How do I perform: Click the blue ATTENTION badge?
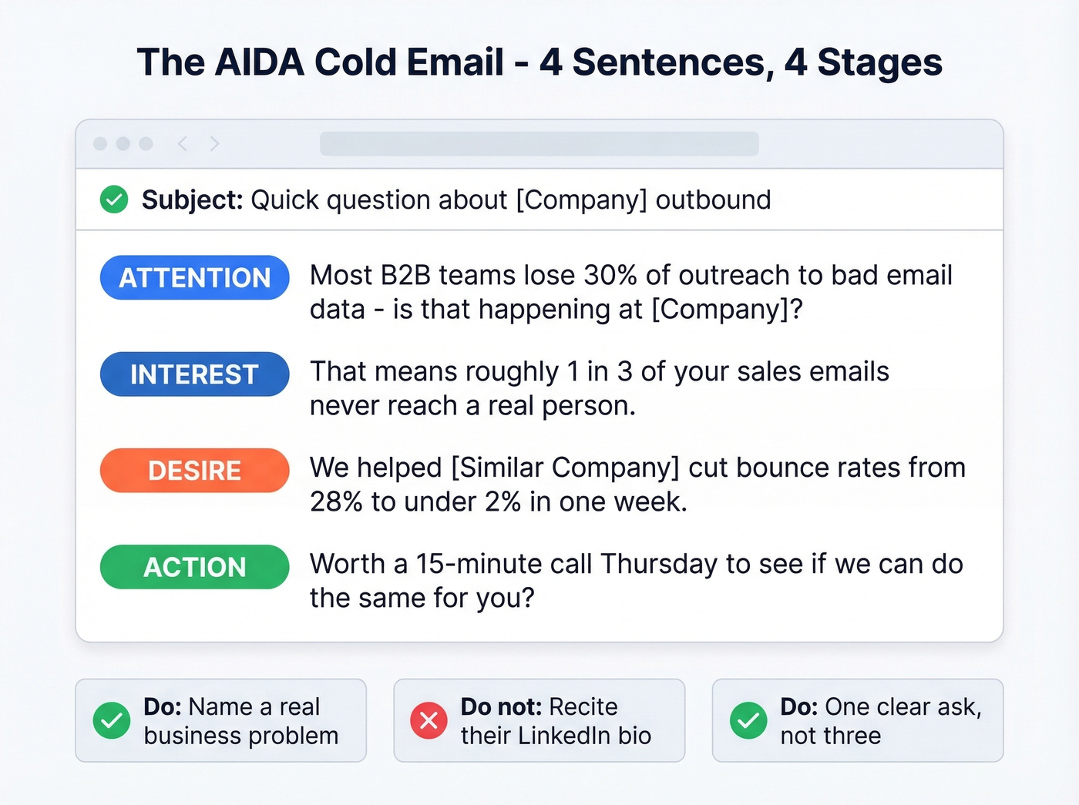point(194,277)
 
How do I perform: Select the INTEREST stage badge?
point(194,374)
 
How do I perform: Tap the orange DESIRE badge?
point(194,471)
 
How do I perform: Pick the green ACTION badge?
point(194,567)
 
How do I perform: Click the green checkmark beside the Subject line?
point(114,200)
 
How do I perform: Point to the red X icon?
point(429,721)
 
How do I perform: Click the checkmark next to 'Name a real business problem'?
point(112,721)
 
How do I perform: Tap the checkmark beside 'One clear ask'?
point(748,721)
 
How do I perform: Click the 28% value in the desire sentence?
point(336,501)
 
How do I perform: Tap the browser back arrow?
point(183,144)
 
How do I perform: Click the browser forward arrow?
point(215,144)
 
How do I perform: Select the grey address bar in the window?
point(539,144)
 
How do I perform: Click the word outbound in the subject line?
point(713,200)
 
